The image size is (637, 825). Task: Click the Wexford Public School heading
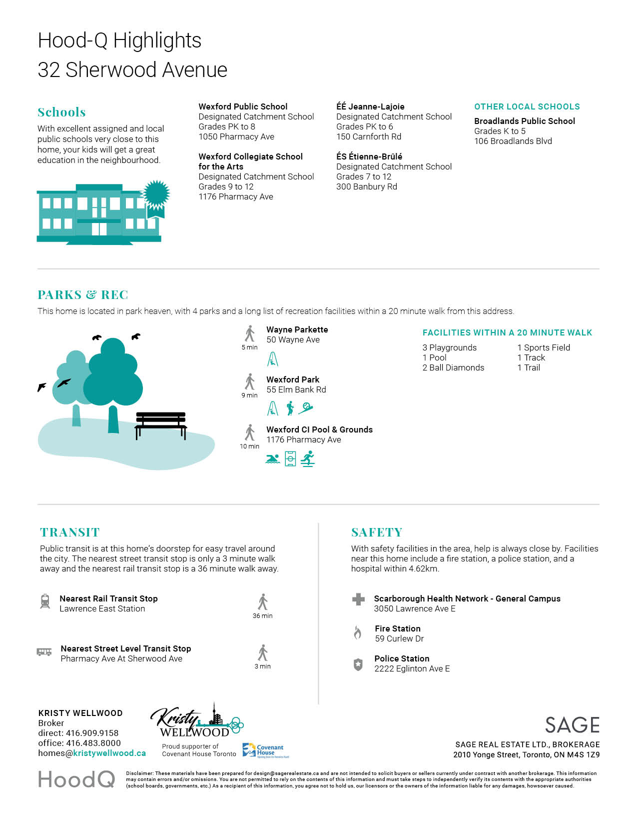pyautogui.click(x=243, y=106)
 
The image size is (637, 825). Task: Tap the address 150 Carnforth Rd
pyautogui.click(x=369, y=136)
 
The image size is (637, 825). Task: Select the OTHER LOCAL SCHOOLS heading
pyautogui.click(x=527, y=106)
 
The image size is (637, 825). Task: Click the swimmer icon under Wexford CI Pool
pyautogui.click(x=272, y=459)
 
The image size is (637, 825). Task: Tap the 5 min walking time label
pyautogui.click(x=249, y=347)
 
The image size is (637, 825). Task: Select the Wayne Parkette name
pyautogui.click(x=297, y=329)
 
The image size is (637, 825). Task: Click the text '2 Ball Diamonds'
pyautogui.click(x=453, y=367)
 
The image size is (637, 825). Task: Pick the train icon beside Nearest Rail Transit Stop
pyautogui.click(x=45, y=601)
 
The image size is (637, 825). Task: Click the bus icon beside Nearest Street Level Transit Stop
pyautogui.click(x=44, y=652)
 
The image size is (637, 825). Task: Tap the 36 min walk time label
pyautogui.click(x=262, y=616)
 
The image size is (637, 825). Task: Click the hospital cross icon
pyautogui.click(x=358, y=599)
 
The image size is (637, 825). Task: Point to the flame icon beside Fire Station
pyautogui.click(x=358, y=633)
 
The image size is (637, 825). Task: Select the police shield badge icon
pyautogui.click(x=358, y=664)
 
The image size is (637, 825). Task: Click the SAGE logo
pyautogui.click(x=572, y=725)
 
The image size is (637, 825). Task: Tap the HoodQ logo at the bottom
pyautogui.click(x=76, y=779)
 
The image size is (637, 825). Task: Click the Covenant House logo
pyautogui.click(x=263, y=750)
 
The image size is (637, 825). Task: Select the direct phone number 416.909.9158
pyautogui.click(x=92, y=733)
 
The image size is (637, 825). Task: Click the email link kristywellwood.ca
pyautogui.click(x=109, y=753)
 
